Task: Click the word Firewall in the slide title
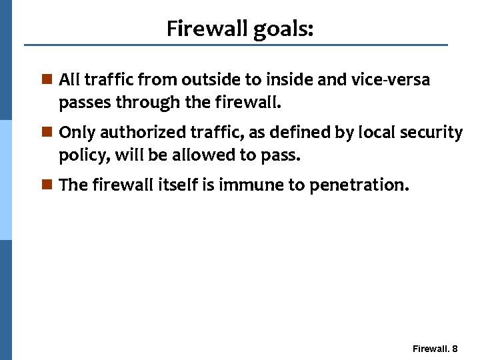click(207, 29)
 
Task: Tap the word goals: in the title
click(283, 30)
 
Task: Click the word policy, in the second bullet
click(84, 157)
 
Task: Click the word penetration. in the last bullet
click(357, 185)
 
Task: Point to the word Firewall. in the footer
click(431, 349)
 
